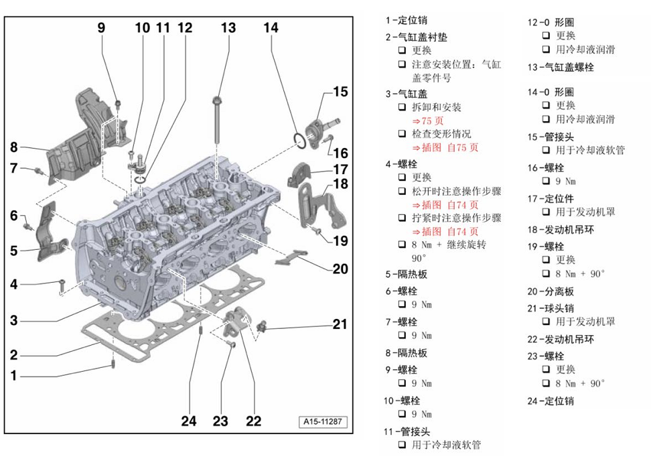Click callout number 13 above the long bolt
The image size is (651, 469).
[228, 27]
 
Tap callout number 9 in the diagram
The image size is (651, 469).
[102, 27]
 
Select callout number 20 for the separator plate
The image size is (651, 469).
[340, 269]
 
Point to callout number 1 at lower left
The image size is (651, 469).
[13, 376]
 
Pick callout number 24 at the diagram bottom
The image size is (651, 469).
[190, 421]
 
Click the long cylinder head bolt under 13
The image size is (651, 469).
[218, 121]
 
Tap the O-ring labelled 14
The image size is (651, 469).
[300, 140]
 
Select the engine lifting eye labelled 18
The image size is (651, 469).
[325, 204]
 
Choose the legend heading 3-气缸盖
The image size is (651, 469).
[409, 93]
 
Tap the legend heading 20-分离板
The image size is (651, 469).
[551, 291]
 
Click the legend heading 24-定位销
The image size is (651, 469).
[551, 401]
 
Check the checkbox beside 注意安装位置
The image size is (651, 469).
[403, 64]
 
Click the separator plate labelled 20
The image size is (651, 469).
[293, 257]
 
